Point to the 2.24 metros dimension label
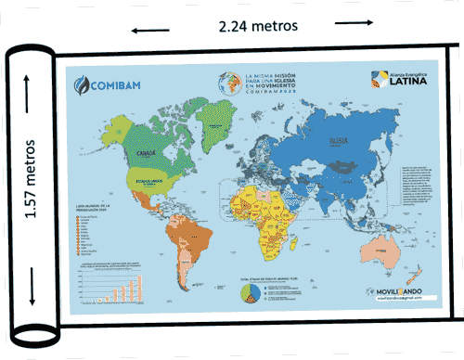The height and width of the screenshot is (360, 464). click(x=259, y=26)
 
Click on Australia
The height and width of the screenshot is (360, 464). click(x=380, y=247)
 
